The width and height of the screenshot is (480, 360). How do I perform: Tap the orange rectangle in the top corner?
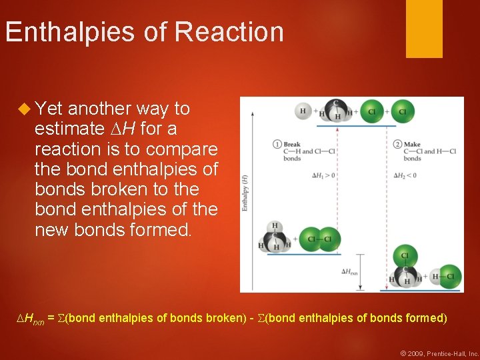click(x=424, y=28)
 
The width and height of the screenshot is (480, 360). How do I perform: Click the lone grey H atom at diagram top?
click(x=303, y=111)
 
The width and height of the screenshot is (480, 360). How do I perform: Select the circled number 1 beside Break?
click(x=277, y=144)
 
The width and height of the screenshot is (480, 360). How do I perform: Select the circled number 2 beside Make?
click(x=398, y=144)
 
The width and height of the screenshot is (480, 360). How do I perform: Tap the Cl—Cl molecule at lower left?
click(x=319, y=239)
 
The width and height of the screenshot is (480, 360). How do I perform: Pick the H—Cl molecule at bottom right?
click(x=446, y=275)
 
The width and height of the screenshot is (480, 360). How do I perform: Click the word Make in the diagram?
click(x=412, y=144)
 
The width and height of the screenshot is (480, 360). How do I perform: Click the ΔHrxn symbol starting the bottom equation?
click(x=30, y=319)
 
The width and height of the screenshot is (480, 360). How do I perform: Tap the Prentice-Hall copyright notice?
click(x=440, y=353)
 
